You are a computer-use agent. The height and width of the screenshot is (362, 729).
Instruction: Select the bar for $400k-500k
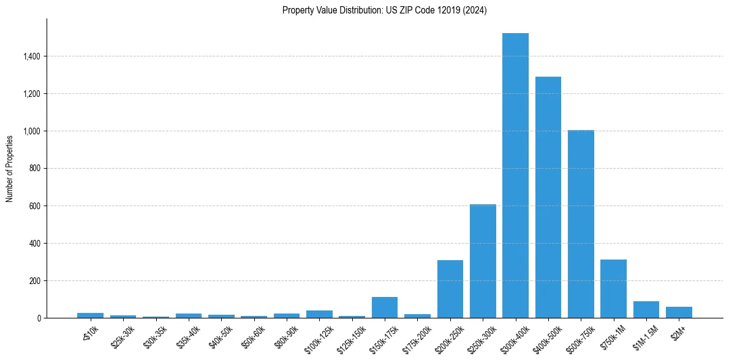pyautogui.click(x=548, y=197)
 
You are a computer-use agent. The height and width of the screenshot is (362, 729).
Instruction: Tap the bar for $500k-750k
pyautogui.click(x=581, y=224)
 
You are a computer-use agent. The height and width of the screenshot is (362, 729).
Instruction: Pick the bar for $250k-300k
pyautogui.click(x=483, y=261)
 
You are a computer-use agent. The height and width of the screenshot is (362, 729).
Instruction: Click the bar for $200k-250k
pyautogui.click(x=450, y=289)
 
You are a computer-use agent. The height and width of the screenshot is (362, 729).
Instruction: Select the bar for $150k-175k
pyautogui.click(x=385, y=307)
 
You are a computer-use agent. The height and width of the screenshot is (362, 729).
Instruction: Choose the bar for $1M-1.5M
pyautogui.click(x=646, y=310)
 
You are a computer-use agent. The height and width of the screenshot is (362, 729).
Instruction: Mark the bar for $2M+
pyautogui.click(x=679, y=312)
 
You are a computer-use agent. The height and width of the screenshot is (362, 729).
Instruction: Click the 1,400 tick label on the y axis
pyautogui.click(x=32, y=56)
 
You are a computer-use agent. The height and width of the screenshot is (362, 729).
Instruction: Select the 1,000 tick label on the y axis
pyautogui.click(x=32, y=131)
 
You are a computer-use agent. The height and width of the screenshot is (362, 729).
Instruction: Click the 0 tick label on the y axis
pyautogui.click(x=39, y=318)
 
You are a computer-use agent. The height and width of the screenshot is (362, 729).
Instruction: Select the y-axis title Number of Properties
pyautogui.click(x=10, y=168)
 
